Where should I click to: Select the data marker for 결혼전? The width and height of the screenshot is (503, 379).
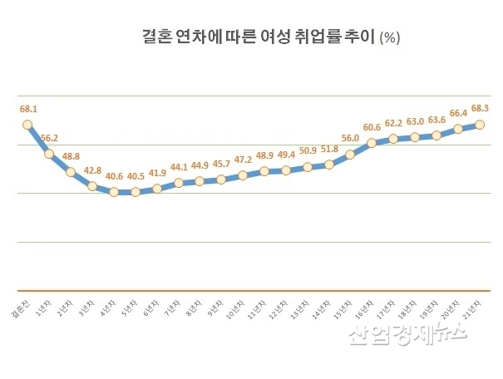27,125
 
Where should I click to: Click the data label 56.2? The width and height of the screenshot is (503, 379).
50,138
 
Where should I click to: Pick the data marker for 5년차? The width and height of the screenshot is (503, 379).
135,192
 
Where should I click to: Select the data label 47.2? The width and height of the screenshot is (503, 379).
244,160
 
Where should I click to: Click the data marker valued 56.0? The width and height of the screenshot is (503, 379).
350,154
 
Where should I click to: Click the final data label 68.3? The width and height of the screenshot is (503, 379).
481,109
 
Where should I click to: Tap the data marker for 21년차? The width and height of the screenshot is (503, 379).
480,125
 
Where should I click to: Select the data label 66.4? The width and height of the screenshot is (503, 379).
458,113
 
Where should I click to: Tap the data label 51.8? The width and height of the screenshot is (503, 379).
330,149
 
